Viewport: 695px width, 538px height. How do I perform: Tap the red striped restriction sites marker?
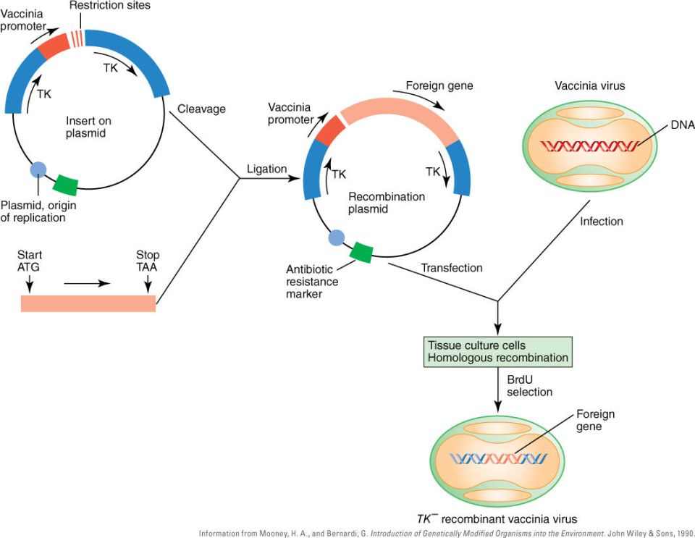pos(77,37)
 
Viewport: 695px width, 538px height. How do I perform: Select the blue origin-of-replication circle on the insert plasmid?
pos(38,170)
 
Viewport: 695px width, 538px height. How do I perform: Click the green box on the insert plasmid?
pos(67,184)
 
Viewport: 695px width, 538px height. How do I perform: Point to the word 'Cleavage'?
pos(202,109)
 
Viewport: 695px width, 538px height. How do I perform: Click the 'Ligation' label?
pos(266,169)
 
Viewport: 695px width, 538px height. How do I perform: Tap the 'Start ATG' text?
pos(30,261)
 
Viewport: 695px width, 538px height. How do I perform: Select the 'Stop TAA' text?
pos(148,261)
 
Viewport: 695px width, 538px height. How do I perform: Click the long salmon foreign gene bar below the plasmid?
pos(88,303)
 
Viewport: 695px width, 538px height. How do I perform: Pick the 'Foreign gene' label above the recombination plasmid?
pos(439,85)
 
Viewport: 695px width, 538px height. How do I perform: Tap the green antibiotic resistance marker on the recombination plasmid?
pos(361,251)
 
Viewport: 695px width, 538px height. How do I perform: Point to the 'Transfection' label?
pos(452,268)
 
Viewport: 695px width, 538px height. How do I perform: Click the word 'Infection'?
pos(602,220)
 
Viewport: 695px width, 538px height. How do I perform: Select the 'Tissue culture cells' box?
pos(498,351)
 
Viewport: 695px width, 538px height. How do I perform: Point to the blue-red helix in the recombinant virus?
pos(499,458)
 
